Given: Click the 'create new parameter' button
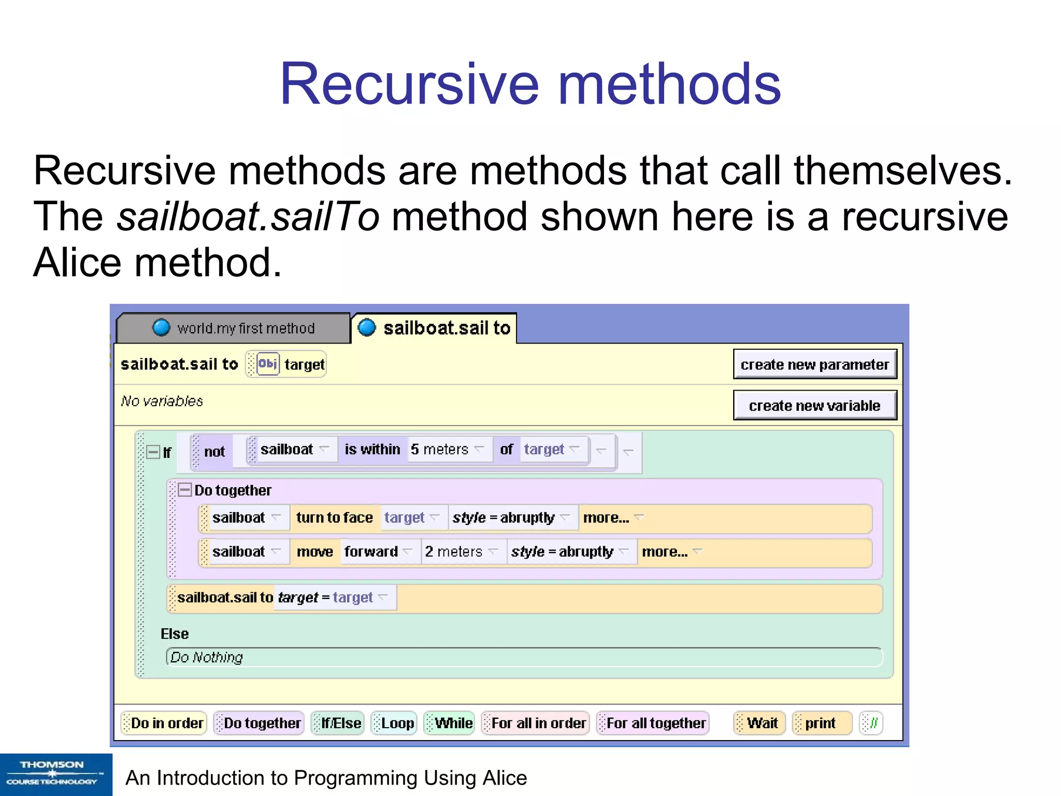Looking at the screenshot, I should (814, 364).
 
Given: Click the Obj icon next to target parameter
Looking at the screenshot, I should (268, 364).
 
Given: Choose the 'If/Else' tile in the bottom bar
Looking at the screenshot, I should (338, 723).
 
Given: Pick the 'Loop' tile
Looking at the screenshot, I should (395, 723).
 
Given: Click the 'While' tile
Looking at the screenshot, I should (450, 723).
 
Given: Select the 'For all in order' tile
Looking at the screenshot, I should (536, 723).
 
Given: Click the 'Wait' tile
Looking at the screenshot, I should (760, 723).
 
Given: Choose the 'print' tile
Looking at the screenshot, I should (821, 723).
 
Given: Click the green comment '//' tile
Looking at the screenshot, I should (871, 723).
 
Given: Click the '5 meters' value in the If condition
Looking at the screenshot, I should (440, 449).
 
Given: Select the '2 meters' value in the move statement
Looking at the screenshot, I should (454, 551).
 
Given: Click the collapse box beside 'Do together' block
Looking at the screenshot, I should (184, 490).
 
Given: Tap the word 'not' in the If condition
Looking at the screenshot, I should (214, 451).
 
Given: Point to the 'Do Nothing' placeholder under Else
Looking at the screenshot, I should (207, 657).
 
